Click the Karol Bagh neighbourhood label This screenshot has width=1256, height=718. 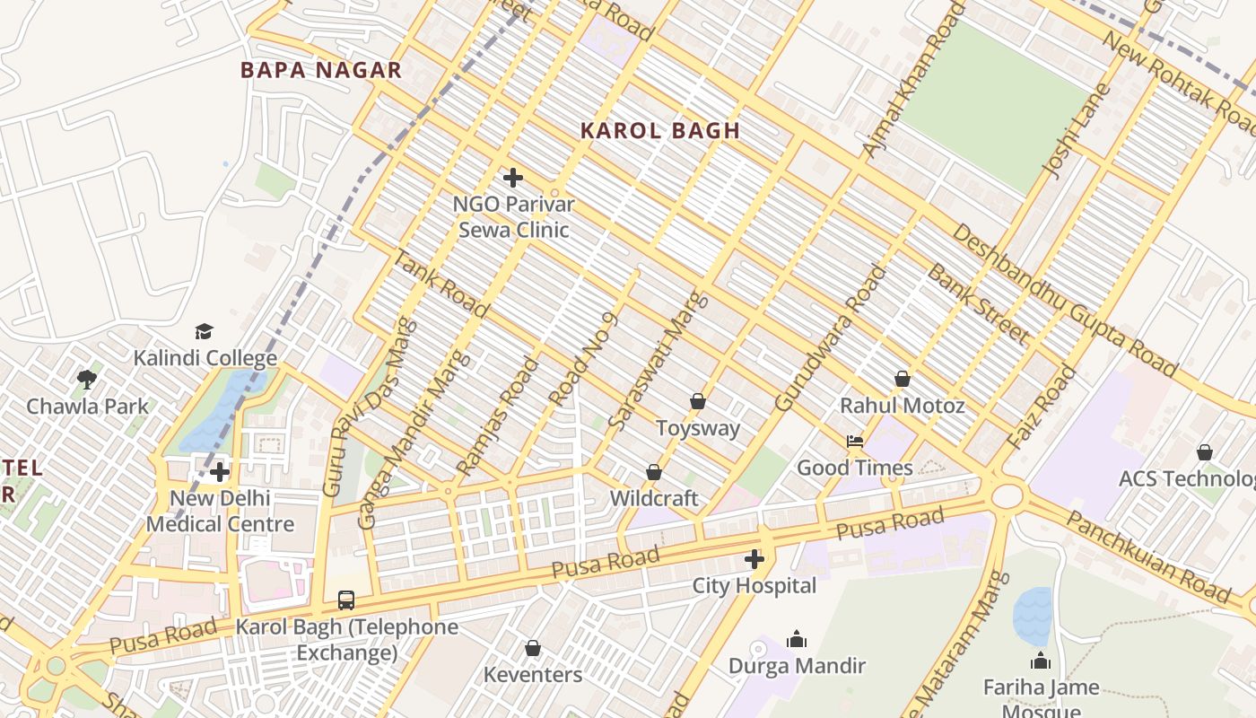[x=660, y=130]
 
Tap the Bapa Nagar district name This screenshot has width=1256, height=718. [x=320, y=71]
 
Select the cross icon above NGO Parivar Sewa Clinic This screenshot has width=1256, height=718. [x=513, y=178]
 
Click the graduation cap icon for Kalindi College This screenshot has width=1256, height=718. [x=205, y=332]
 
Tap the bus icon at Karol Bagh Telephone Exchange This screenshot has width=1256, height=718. [x=346, y=600]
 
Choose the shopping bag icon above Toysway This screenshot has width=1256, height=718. [x=698, y=401]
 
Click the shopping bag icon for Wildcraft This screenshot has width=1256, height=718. [x=654, y=472]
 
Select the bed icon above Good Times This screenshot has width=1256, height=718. [x=855, y=442]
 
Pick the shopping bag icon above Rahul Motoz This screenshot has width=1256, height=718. [x=903, y=380]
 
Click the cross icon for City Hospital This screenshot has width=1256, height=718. [x=754, y=560]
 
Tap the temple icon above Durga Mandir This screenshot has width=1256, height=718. [x=797, y=639]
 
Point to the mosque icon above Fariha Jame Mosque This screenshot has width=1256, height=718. [x=1041, y=661]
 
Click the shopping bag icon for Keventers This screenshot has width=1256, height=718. [x=533, y=648]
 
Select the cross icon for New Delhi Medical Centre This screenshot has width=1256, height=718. [x=220, y=471]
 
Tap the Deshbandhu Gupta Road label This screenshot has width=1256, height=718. [x=1064, y=301]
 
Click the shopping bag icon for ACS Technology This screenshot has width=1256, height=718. [x=1205, y=452]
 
